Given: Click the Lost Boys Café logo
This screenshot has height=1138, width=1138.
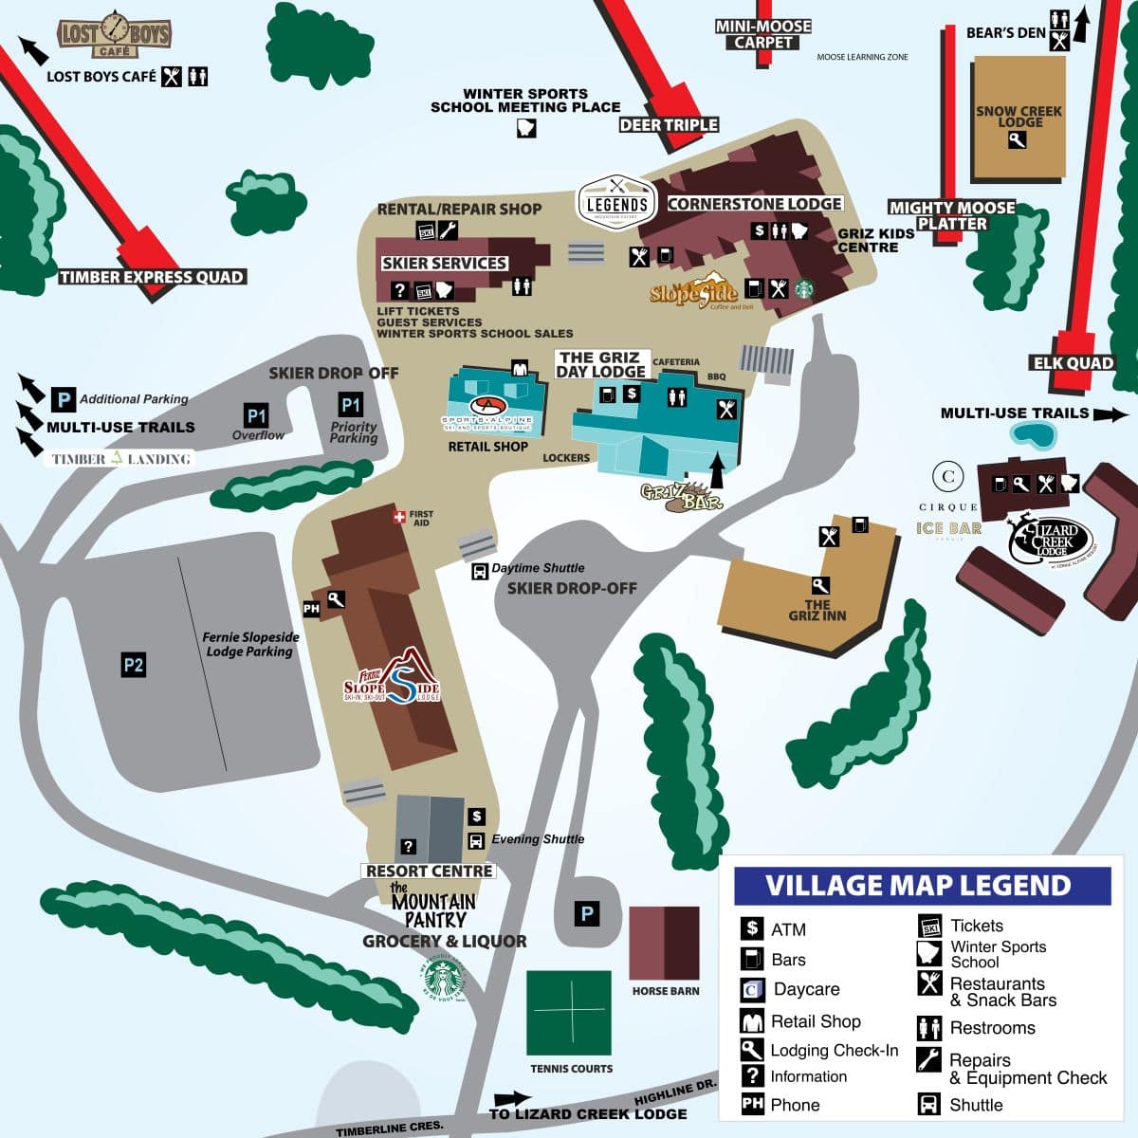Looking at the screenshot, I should coord(114,35).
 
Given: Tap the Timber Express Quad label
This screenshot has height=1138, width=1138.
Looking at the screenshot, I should coord(152,277).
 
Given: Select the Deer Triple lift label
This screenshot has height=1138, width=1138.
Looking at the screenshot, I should coord(669,125).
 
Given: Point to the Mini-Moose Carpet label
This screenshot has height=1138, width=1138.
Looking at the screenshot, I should coord(763,34).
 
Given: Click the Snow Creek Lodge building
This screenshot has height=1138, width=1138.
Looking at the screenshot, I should coord(1019,119).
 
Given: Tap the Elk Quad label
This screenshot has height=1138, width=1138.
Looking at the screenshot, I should coord(1073,362).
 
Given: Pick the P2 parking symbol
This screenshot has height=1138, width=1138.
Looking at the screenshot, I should coord(133,665).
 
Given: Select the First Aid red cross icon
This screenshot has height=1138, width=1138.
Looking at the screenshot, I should coord(399,517).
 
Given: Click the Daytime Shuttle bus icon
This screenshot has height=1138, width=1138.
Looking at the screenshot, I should coord(480,571).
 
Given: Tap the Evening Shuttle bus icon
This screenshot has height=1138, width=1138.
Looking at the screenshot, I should coord(476,840).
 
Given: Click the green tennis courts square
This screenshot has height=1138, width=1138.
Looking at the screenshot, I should coord(569,1012).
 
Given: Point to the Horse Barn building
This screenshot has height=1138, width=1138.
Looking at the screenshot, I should coord(665,943).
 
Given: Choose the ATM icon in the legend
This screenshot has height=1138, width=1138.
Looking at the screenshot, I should coord(752,928).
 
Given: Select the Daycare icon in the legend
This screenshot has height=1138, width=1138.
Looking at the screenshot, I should coord(752,990).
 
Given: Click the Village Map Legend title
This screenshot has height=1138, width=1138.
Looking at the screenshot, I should coord(918,886).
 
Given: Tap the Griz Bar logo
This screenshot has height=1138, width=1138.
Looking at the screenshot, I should coord(682,496).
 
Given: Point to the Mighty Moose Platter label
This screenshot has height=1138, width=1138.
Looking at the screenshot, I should coord(951,215).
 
